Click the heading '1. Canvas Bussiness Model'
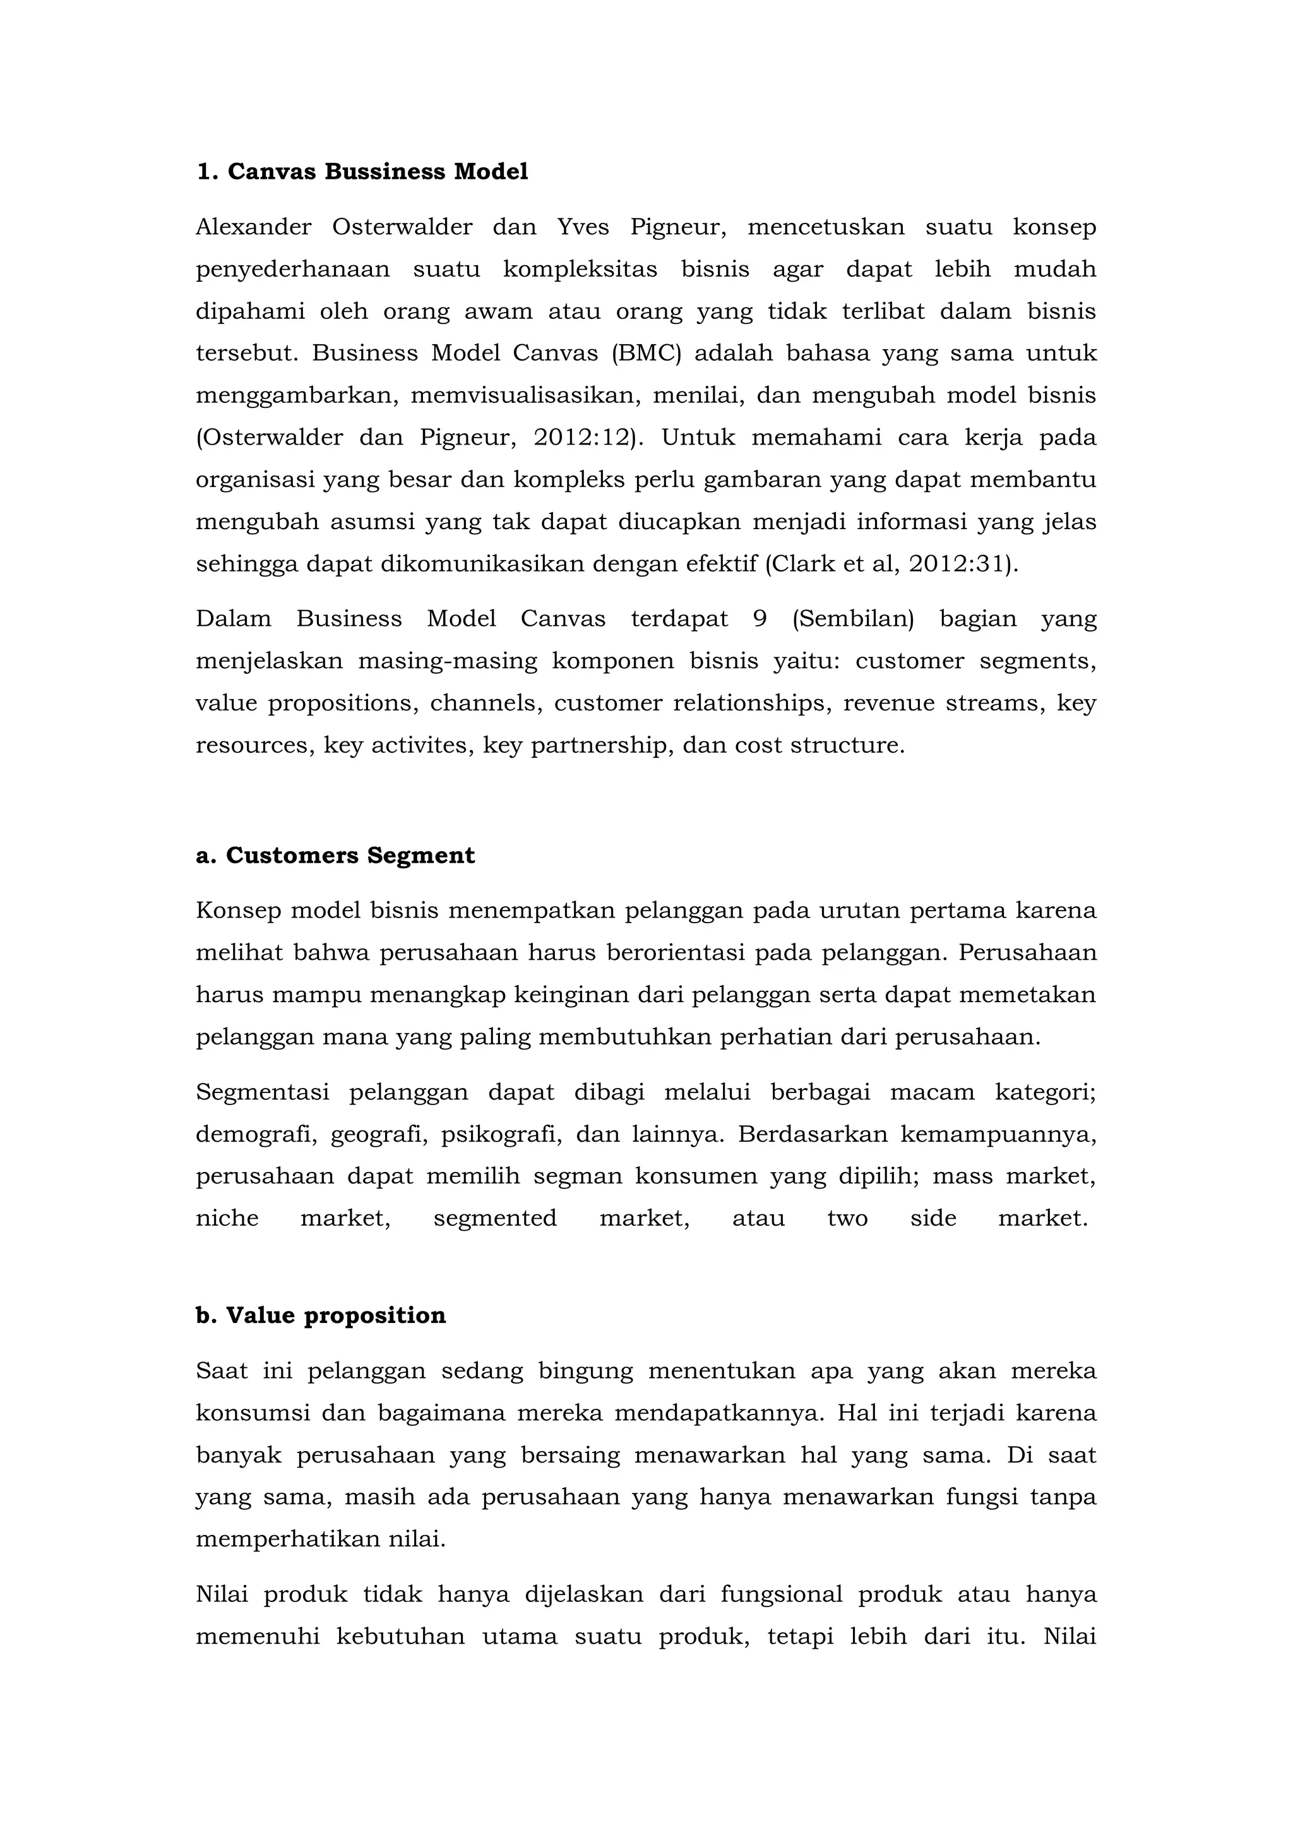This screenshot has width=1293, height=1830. [362, 171]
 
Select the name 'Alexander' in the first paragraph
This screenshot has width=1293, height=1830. [253, 227]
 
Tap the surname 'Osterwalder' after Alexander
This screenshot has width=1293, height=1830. [402, 227]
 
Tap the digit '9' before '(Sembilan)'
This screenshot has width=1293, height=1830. [760, 619]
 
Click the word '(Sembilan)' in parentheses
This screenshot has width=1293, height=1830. [852, 619]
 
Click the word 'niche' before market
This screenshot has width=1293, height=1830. [227, 1218]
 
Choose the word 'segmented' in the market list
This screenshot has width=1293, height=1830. [495, 1218]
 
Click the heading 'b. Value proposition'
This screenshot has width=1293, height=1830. [320, 1315]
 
